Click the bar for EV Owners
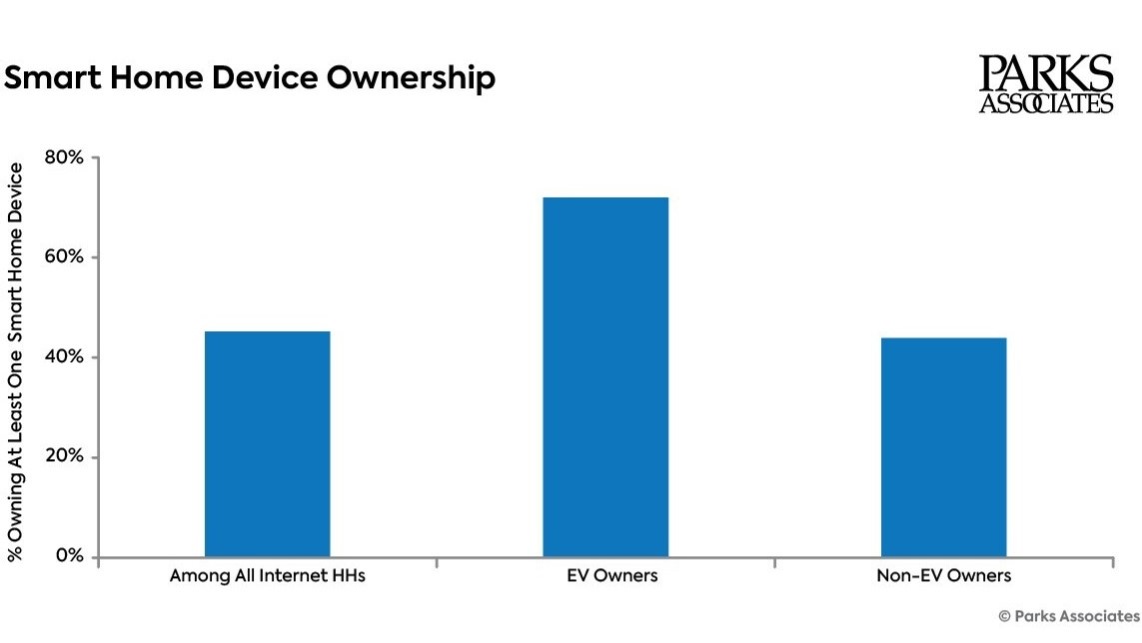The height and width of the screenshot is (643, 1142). coord(605,377)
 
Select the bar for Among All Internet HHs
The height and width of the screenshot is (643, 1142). coord(267,444)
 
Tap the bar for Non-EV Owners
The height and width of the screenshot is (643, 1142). coord(943,447)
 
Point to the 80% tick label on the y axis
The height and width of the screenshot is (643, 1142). coord(64,157)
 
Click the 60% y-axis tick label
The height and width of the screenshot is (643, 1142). coord(64,257)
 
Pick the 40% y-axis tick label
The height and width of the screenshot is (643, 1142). coord(64,357)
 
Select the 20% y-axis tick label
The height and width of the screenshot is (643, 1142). coord(64,457)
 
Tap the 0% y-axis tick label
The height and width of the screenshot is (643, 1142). coord(69,556)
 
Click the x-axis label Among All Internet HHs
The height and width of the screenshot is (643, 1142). coord(267,576)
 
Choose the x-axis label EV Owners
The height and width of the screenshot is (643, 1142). coord(605,576)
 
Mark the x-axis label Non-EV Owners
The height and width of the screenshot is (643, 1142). coord(943,576)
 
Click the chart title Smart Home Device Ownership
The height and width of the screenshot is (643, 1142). coord(250,78)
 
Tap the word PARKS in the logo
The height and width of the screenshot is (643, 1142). coord(1045,74)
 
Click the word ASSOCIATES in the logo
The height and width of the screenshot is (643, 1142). coord(1045,103)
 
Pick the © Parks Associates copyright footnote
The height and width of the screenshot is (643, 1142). coord(1068,615)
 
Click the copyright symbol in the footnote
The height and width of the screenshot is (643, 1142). coord(1004,615)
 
